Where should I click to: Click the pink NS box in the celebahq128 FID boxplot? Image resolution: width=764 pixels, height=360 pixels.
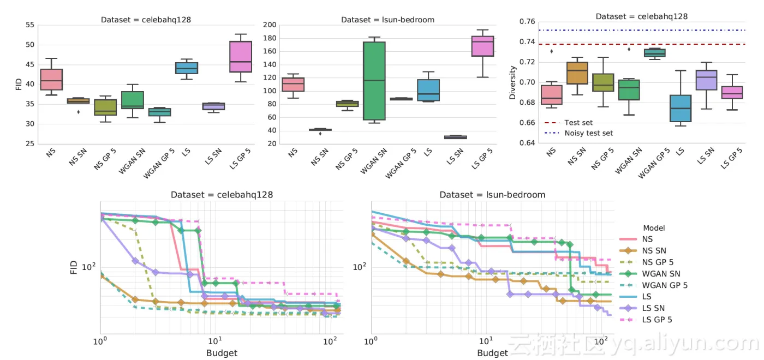(52, 80)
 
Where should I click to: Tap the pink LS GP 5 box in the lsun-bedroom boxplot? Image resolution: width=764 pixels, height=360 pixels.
(482, 46)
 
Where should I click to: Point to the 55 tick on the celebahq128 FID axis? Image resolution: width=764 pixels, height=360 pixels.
(29, 25)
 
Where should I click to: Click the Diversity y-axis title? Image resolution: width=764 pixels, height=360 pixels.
(512, 82)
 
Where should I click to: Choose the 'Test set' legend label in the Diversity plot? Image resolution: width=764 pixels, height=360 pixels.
(578, 123)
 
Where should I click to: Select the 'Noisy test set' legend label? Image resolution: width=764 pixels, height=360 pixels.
(588, 133)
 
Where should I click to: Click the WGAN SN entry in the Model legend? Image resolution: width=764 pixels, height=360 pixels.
(661, 274)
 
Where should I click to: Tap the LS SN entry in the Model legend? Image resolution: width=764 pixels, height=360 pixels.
(654, 308)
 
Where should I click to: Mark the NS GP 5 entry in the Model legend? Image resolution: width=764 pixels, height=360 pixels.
(658, 262)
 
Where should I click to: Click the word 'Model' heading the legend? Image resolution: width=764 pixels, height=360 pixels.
(654, 228)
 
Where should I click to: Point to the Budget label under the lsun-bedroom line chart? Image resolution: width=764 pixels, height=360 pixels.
(492, 353)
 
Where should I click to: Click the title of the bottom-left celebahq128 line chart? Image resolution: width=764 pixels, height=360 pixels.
(222, 195)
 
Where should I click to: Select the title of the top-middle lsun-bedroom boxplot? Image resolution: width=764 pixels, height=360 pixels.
(387, 20)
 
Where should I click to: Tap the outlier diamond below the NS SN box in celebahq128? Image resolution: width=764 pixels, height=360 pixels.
(78, 112)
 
